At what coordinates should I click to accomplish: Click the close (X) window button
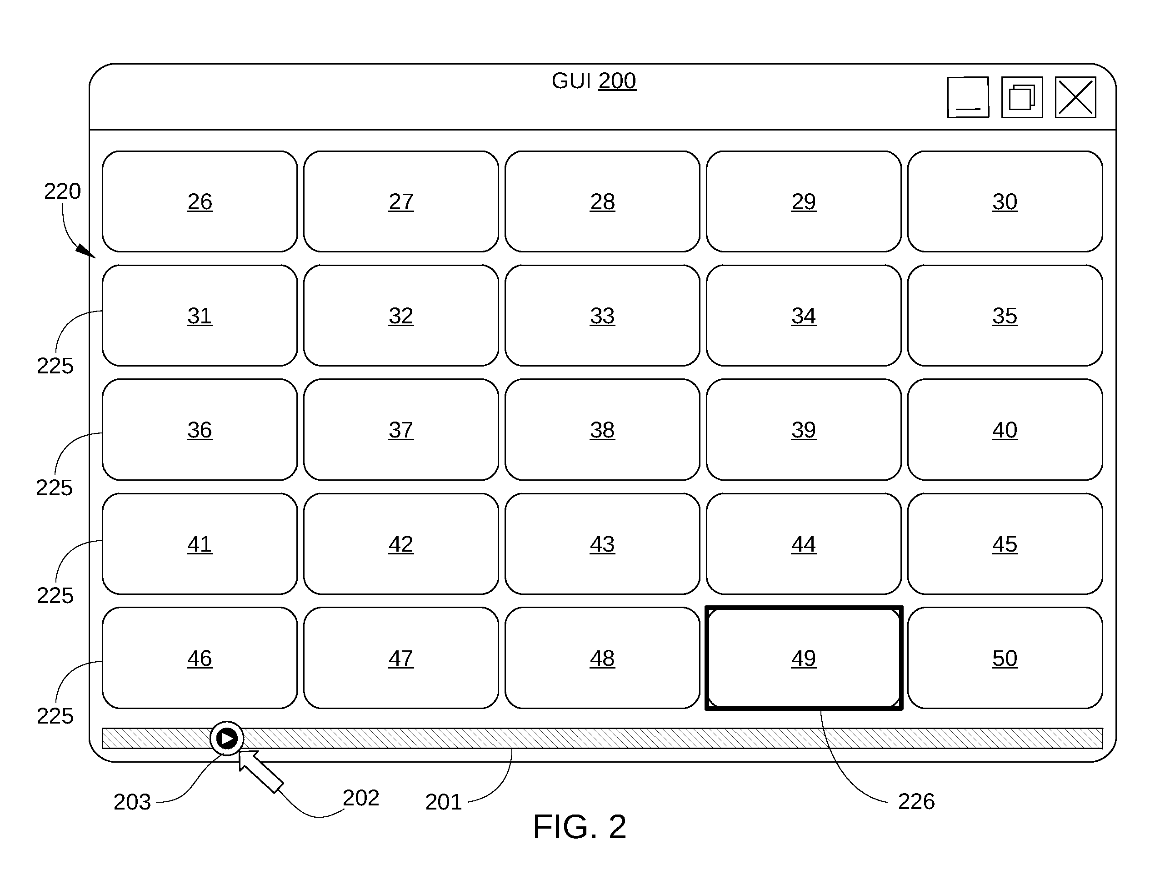1075,97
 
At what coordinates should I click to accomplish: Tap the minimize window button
968,97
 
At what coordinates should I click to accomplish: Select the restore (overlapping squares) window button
1022,97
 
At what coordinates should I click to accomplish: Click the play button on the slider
227,739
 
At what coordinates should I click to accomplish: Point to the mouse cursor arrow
260,771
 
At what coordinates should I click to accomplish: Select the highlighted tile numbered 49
804,658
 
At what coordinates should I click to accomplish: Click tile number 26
200,202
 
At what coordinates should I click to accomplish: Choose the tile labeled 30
1005,202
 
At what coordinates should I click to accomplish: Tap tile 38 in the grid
602,430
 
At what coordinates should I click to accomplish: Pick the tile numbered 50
1005,658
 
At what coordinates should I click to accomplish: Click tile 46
200,658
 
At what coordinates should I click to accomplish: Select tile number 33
602,316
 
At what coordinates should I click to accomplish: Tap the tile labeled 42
401,544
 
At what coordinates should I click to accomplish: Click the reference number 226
916,801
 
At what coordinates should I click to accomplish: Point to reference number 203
132,802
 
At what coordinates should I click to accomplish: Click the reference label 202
361,798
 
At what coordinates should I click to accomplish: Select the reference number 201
444,802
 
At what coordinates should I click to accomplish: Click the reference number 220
62,191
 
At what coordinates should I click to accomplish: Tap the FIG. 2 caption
580,827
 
